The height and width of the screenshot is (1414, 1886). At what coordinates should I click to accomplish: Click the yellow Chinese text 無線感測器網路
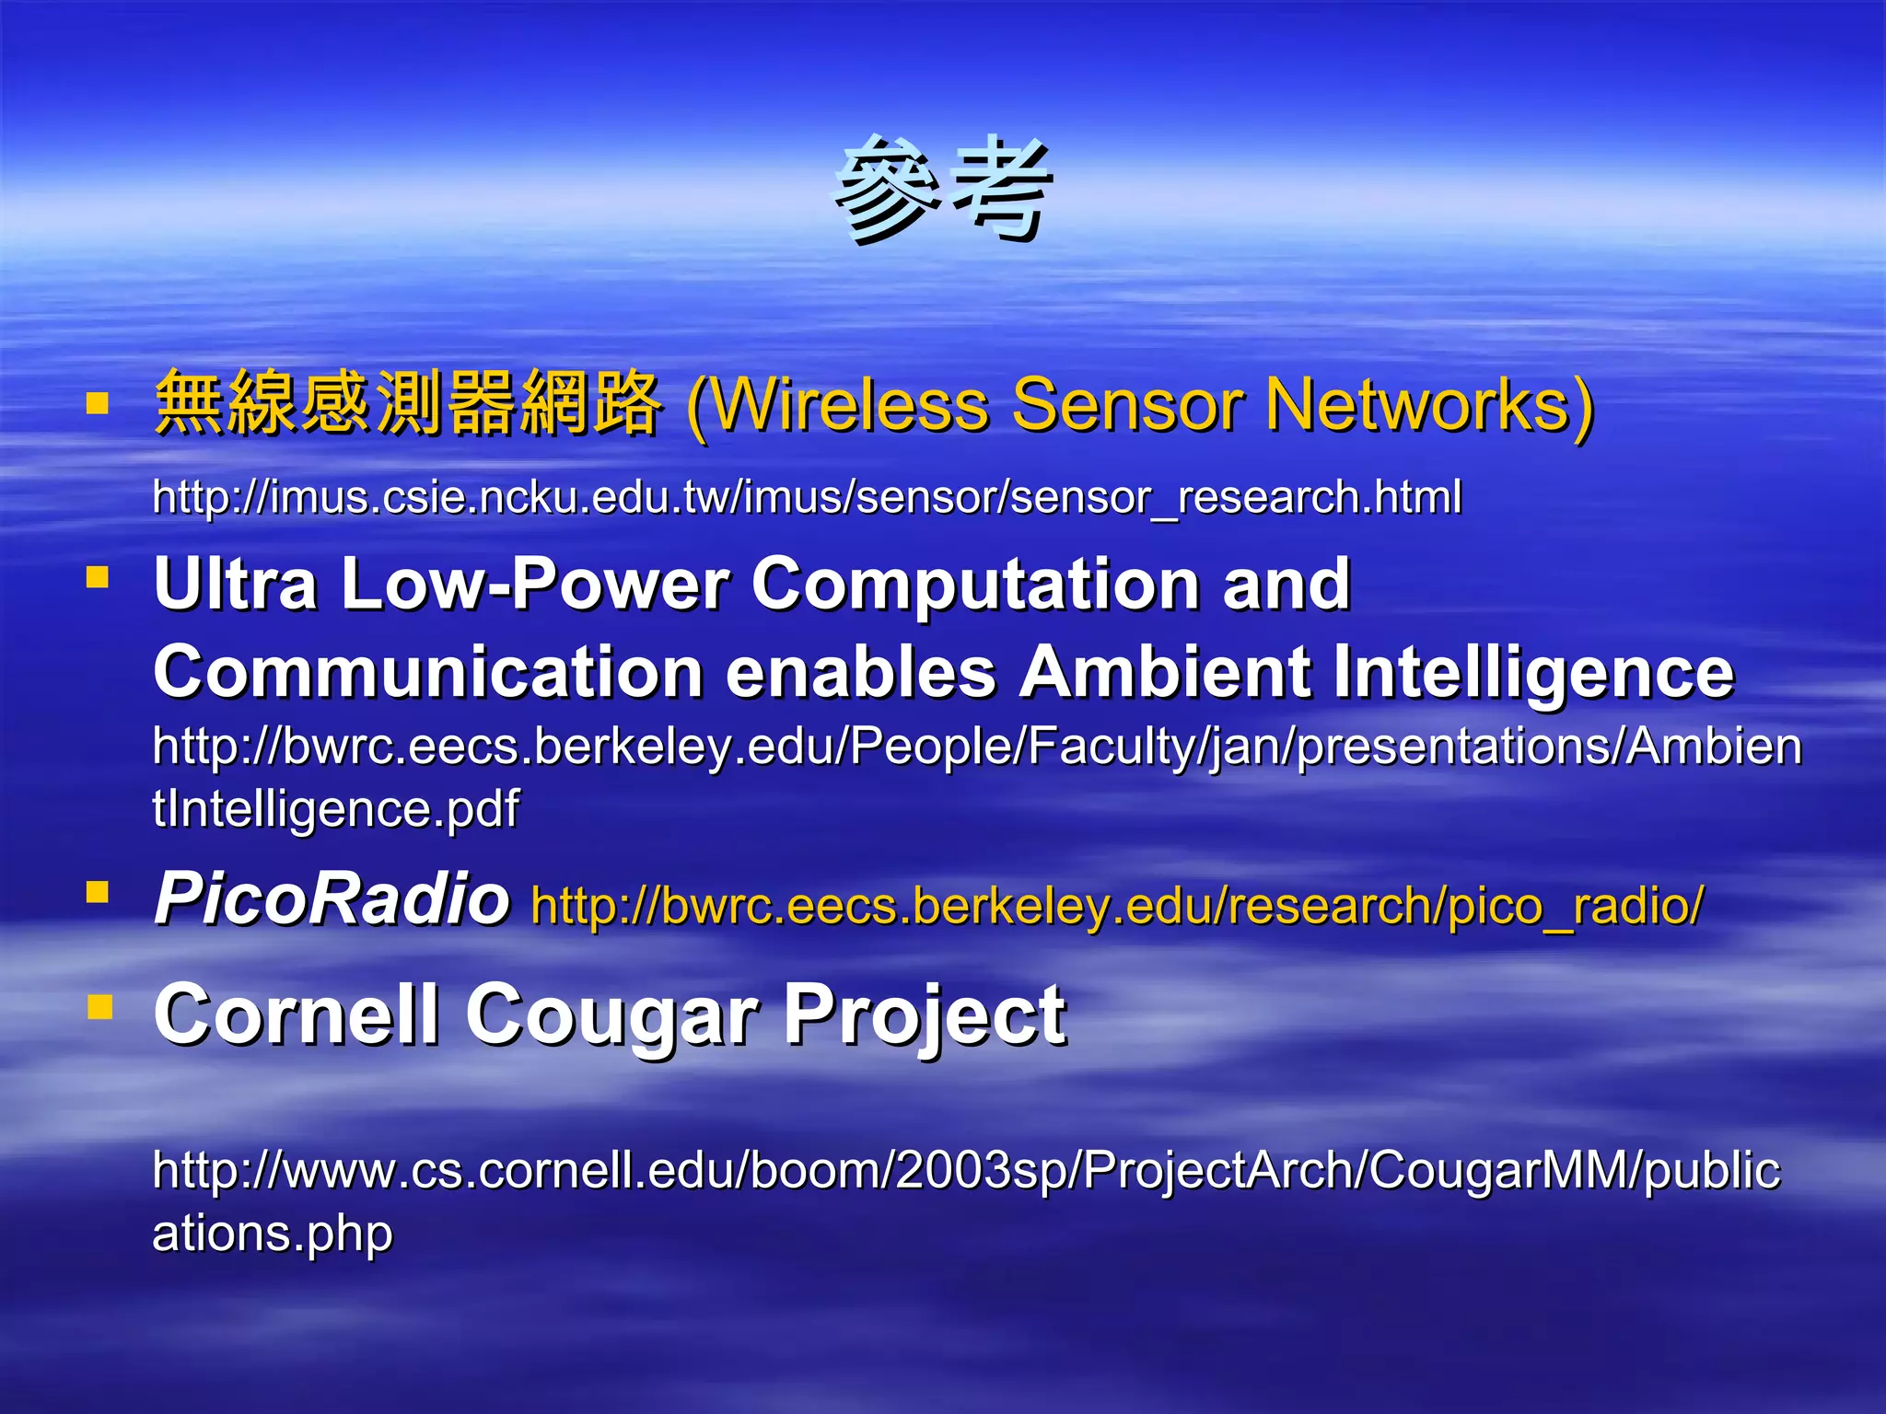coord(407,403)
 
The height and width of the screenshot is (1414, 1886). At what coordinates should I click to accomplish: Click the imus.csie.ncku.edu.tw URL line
coord(807,497)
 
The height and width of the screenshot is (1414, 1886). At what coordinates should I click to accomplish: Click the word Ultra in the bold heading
coord(236,584)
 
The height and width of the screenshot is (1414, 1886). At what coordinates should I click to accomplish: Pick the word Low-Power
coord(534,584)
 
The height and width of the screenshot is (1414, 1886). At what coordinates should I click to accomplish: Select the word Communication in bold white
coord(428,672)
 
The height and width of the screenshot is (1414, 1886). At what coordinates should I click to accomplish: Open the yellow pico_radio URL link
coord(1117,906)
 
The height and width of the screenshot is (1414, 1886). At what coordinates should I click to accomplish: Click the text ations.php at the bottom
coord(273,1234)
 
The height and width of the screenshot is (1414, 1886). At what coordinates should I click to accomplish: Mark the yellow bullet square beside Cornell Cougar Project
coord(99,1007)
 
